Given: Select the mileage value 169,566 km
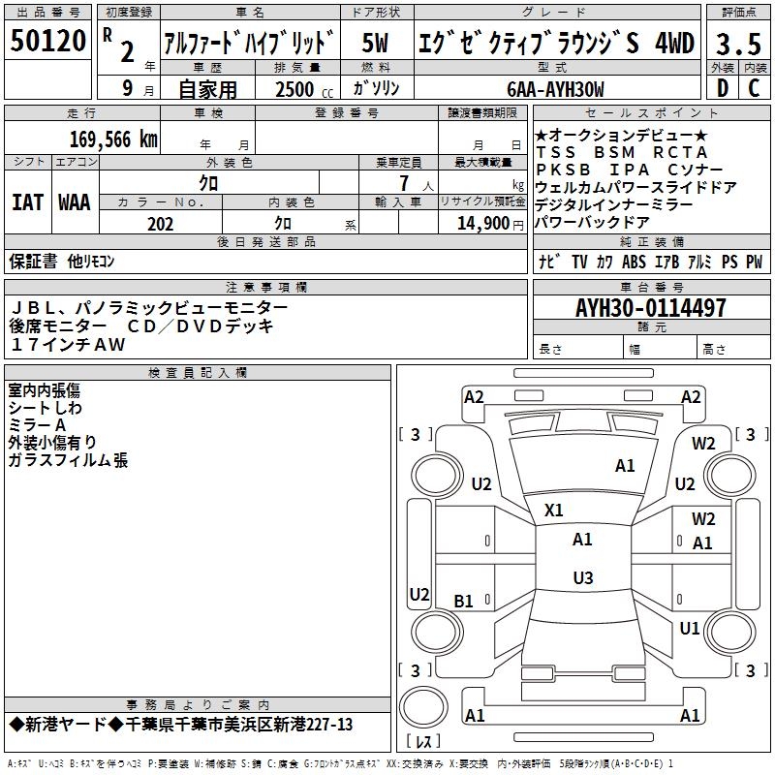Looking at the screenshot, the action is pyautogui.click(x=113, y=139).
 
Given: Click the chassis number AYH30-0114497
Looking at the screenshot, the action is pyautogui.click(x=650, y=308).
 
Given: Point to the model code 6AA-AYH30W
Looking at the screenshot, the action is pyautogui.click(x=555, y=89).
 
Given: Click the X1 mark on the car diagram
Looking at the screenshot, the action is pyautogui.click(x=554, y=510).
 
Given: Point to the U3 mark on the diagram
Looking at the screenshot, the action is pyautogui.click(x=582, y=578).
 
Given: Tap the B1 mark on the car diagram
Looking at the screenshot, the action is pyautogui.click(x=464, y=601).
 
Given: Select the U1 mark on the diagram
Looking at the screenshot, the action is pyautogui.click(x=689, y=628).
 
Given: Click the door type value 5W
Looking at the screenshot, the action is pyautogui.click(x=376, y=44).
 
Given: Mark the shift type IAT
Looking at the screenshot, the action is pyautogui.click(x=26, y=202).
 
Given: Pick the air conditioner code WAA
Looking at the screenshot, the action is pyautogui.click(x=75, y=202).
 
